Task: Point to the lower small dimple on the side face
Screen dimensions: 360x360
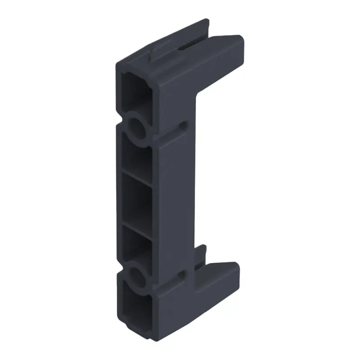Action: click(182, 273)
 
